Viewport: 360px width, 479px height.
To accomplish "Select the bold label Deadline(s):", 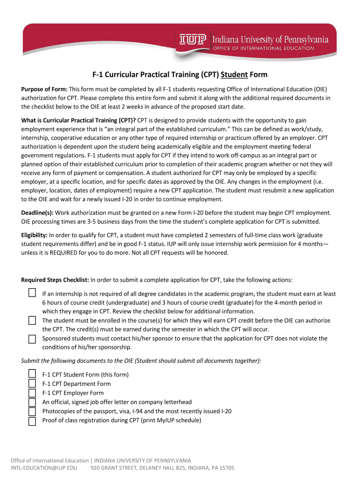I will [37, 213].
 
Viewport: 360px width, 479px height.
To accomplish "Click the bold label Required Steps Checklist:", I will [55, 280].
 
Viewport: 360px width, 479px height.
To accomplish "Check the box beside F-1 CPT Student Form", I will [32, 374].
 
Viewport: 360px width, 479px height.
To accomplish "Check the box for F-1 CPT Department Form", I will [32, 383].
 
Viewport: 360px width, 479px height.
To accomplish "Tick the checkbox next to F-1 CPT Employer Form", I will [32, 392].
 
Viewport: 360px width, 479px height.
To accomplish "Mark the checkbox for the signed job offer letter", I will [32, 402].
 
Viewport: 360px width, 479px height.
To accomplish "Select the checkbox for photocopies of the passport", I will [32, 411].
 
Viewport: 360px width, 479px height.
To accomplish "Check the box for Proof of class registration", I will [32, 421].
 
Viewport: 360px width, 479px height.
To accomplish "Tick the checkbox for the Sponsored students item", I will [32, 338].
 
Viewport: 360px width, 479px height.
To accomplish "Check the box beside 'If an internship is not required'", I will [32, 293].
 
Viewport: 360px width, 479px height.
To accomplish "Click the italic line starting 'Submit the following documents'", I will [141, 361].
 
